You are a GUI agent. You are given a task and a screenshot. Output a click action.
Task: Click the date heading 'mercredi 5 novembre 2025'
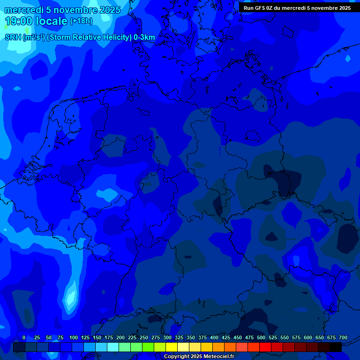(x=62, y=10)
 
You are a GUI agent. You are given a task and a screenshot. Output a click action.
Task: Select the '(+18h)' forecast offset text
(x=81, y=21)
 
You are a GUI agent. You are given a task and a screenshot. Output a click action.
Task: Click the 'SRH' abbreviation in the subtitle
(x=13, y=37)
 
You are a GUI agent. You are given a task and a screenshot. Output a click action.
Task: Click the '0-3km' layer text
(x=144, y=37)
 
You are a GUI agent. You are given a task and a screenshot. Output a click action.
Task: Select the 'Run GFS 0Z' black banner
(x=297, y=8)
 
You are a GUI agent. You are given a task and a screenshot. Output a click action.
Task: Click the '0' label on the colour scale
(x=24, y=337)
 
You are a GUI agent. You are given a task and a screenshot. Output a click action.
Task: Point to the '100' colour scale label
(x=74, y=337)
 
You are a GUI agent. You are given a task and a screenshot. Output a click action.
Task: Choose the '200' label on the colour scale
(x=120, y=337)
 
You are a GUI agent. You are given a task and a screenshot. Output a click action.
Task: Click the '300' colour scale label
(x=167, y=337)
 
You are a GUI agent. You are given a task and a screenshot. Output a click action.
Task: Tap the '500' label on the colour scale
(x=261, y=337)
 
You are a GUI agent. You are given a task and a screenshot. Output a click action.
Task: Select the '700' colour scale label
(x=343, y=337)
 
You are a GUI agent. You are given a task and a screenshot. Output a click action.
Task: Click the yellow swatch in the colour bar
(x=172, y=347)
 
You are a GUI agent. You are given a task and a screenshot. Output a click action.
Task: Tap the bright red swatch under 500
(x=265, y=347)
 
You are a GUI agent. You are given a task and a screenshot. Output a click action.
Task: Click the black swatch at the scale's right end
(x=336, y=347)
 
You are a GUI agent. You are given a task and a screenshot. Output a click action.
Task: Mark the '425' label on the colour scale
(x=226, y=337)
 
